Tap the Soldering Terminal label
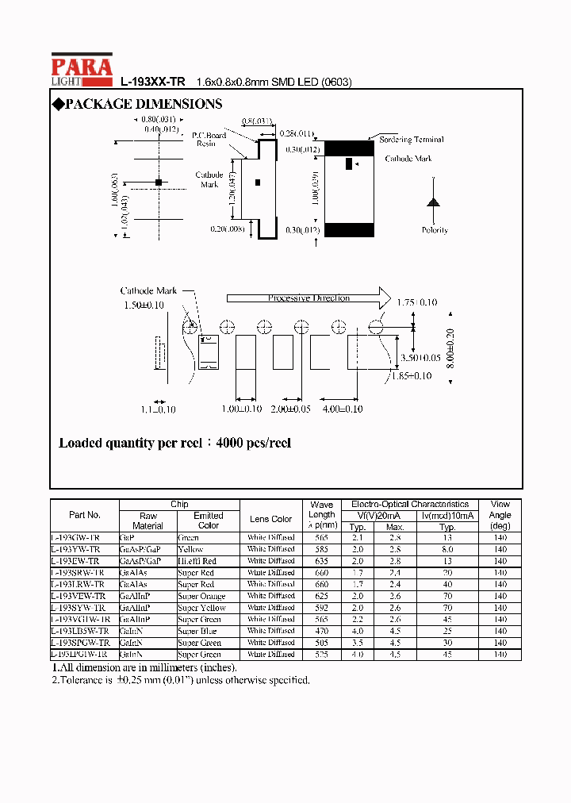tap(411, 140)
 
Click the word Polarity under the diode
tap(434, 230)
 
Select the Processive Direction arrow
tap(308, 298)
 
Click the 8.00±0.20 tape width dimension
tap(449, 347)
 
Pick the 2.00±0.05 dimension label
tap(291, 409)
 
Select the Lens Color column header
tap(270, 519)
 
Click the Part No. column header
tap(85, 515)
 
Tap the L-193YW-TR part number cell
tap(76, 549)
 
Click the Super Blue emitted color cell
tap(197, 631)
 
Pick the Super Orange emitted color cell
tap(201, 596)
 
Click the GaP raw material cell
tap(128, 537)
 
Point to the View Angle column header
tap(500, 514)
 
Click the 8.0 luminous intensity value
tap(447, 549)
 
